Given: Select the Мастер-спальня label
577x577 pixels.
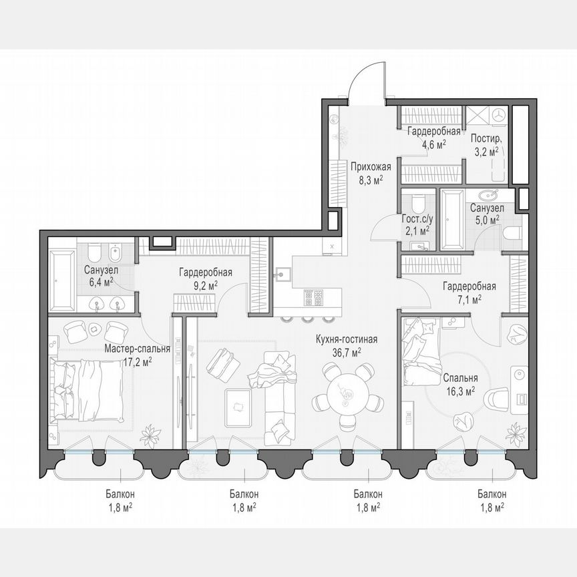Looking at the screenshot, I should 137,349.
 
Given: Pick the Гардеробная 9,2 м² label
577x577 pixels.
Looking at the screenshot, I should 205,272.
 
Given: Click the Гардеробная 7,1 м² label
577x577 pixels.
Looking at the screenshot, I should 469,287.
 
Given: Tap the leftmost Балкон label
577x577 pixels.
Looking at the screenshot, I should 120,494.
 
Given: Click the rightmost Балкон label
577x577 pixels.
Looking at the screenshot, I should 492,494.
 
